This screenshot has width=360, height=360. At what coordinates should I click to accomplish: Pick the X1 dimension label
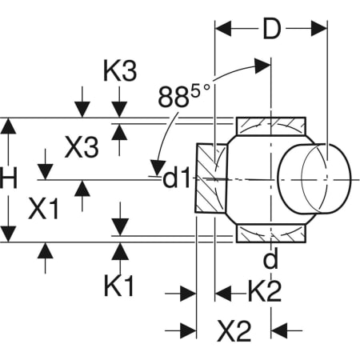click(x=44, y=210)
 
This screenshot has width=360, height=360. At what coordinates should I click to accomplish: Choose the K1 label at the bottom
click(x=119, y=284)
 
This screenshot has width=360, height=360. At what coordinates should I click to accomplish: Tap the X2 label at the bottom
click(x=234, y=330)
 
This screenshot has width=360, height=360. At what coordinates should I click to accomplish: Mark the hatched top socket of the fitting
click(x=271, y=126)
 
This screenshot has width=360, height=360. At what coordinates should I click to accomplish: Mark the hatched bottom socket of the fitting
click(x=271, y=234)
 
